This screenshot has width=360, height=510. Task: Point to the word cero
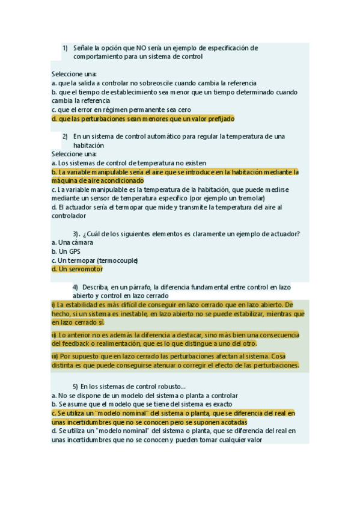183,109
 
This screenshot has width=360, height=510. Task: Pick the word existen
194,163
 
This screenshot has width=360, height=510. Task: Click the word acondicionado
120,180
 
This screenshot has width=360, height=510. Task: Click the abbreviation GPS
74,251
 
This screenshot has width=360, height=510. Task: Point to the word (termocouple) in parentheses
117,260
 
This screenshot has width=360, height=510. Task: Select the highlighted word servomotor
85,269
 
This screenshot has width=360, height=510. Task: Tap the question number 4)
75,287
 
